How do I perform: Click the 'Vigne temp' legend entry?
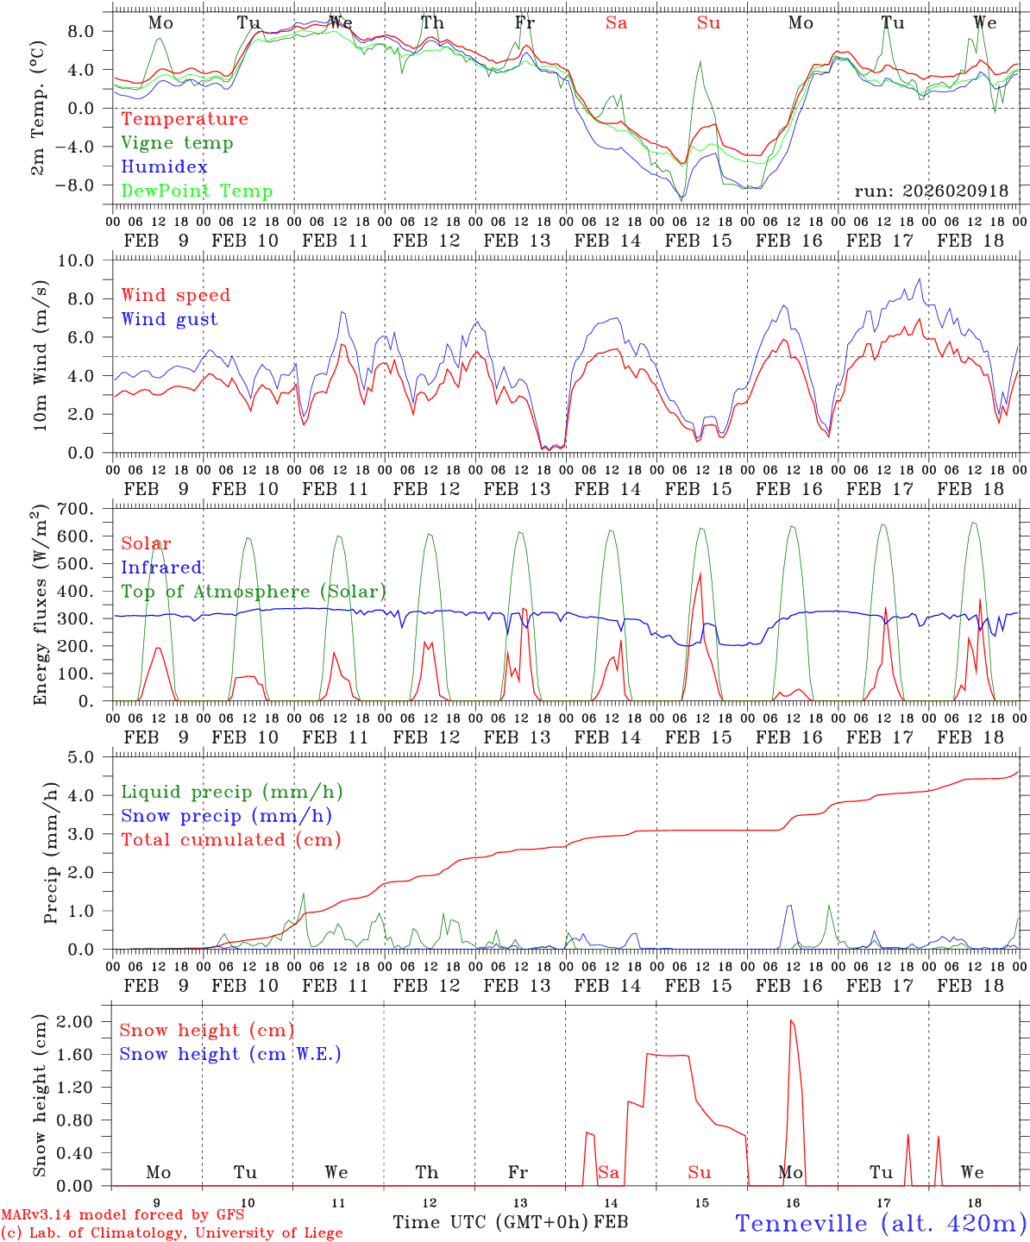tap(177, 143)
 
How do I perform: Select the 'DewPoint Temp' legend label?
tap(197, 191)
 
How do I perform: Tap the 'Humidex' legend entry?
tap(164, 167)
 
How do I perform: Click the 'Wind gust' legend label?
tap(169, 319)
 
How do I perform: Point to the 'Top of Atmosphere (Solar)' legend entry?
tap(253, 592)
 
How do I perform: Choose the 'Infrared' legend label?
tap(161, 568)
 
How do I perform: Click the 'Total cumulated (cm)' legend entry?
tap(230, 840)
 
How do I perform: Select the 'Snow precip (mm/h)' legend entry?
tap(226, 816)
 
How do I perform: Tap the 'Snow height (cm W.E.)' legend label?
tap(230, 1054)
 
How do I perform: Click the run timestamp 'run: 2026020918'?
tap(931, 191)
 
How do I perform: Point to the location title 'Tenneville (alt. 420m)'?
tap(880, 1223)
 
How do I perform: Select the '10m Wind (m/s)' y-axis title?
tap(39, 356)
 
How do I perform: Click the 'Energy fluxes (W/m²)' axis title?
tap(39, 605)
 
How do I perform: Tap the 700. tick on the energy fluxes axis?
tap(85, 509)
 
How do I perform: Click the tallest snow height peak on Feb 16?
tap(791, 1020)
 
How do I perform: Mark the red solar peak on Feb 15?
tap(700, 574)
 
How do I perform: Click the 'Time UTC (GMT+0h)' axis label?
tap(490, 1222)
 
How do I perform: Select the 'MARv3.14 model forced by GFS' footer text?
tap(122, 1215)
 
